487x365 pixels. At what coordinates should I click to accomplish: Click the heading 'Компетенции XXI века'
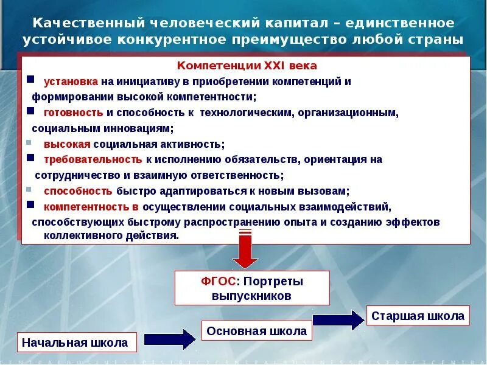tap(247, 66)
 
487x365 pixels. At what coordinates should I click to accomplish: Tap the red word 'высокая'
tap(67, 144)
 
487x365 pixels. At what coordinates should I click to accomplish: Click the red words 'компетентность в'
tap(91, 206)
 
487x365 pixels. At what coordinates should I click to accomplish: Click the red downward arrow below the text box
tap(245, 249)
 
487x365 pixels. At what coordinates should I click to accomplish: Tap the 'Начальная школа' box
tap(75, 342)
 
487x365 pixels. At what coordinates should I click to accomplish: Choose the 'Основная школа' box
tap(256, 331)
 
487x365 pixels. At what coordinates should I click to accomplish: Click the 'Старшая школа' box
tap(418, 316)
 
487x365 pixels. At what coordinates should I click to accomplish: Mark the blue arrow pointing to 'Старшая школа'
tap(338, 320)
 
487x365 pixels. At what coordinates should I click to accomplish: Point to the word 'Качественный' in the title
tap(84, 23)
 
